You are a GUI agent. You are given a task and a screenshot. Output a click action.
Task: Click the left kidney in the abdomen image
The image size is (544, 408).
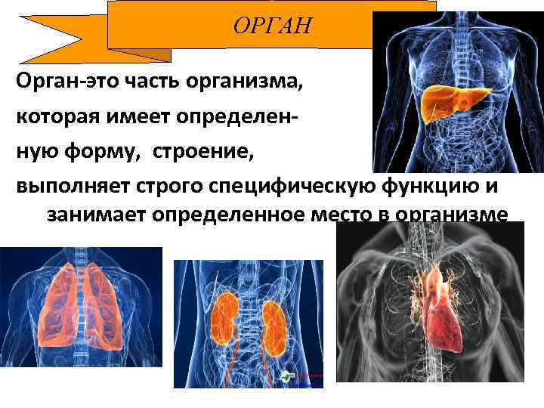point(224,317)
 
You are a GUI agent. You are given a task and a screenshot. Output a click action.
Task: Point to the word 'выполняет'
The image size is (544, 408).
point(70,185)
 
